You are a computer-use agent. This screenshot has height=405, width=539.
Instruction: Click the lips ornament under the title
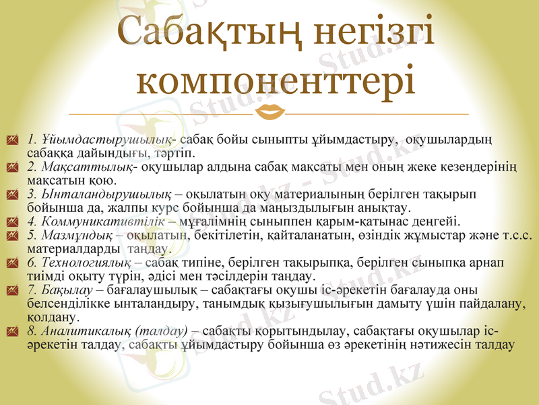pos(272,111)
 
